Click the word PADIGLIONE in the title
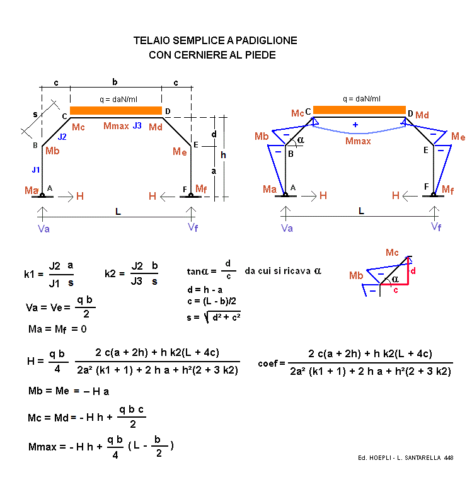[265, 41]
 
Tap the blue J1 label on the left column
[36, 169]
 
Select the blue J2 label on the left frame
[62, 137]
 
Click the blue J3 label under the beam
[137, 126]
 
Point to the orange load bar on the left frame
[116, 111]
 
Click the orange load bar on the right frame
[359, 110]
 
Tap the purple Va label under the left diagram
[44, 229]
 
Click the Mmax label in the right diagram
[358, 141]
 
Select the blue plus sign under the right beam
[355, 125]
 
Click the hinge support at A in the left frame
[42, 195]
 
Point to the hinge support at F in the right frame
[434, 195]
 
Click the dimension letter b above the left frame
[115, 82]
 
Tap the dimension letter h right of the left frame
[223, 155]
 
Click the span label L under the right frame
[361, 212]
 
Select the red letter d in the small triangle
[413, 271]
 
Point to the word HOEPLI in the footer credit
[382, 457]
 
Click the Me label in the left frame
[180, 152]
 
